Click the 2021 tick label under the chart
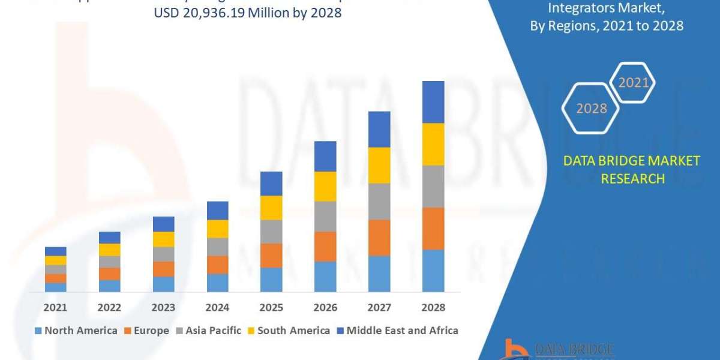55,307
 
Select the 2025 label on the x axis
271,307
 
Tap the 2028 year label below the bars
433,307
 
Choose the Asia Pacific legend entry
208,331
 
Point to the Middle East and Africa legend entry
397,331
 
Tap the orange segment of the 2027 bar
379,238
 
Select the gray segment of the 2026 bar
325,216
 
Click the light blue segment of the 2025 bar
271,280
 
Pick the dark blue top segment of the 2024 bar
217,210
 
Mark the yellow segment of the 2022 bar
109,250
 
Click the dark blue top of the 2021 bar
55,251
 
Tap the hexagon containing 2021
633,83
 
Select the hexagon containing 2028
591,109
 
